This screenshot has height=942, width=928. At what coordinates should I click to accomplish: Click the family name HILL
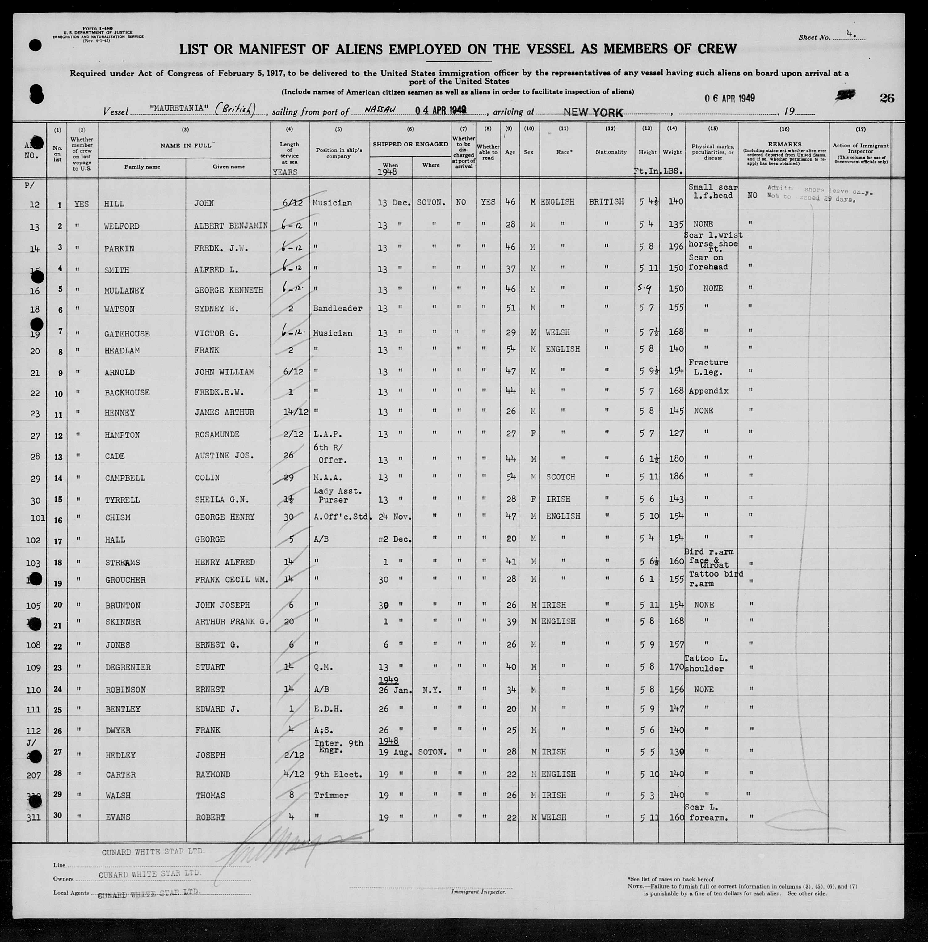point(115,204)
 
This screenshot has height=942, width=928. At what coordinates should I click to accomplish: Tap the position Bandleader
point(337,309)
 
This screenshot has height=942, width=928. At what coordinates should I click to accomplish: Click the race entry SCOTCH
point(561,477)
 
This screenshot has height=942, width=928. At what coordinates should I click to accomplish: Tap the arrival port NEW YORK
point(593,113)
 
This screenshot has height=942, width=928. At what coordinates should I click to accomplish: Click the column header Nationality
point(611,152)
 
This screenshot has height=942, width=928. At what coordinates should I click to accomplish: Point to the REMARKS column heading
point(784,144)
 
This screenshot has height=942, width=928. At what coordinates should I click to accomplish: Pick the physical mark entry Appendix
point(708,391)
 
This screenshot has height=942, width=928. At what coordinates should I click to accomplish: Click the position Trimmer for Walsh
point(331,795)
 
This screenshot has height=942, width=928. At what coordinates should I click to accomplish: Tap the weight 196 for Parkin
point(675,247)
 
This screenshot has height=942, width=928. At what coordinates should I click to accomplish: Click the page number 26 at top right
point(887,98)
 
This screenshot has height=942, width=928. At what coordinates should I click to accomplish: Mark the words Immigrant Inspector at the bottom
point(478,892)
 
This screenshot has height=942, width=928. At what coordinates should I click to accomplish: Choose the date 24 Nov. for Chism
point(395,517)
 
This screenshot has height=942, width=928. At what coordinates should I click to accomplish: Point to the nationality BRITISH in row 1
point(606,201)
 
